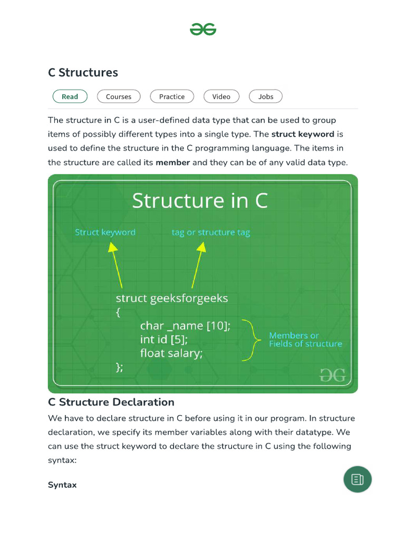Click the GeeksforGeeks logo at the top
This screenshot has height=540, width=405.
point(203,30)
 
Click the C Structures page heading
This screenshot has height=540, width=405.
point(83,73)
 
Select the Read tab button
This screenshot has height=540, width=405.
point(70,97)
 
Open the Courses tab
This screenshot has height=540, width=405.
point(119,97)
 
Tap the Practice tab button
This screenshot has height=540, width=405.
point(172,97)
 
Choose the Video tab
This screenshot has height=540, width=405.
point(221,97)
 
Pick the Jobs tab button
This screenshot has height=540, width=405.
point(266,97)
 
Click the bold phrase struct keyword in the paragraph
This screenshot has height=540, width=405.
point(303,134)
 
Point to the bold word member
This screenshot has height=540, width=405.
point(172,162)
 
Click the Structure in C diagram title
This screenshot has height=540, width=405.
point(200,201)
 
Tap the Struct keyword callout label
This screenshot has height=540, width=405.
point(105,232)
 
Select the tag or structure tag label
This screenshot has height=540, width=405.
point(211,232)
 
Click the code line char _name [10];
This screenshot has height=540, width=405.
point(185,326)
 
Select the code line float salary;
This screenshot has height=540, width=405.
point(171,353)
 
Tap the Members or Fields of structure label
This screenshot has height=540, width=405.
point(305,340)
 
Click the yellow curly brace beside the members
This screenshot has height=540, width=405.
point(252,340)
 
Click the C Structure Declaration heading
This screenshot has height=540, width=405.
point(111,402)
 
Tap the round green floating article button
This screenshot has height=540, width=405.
point(358,479)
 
